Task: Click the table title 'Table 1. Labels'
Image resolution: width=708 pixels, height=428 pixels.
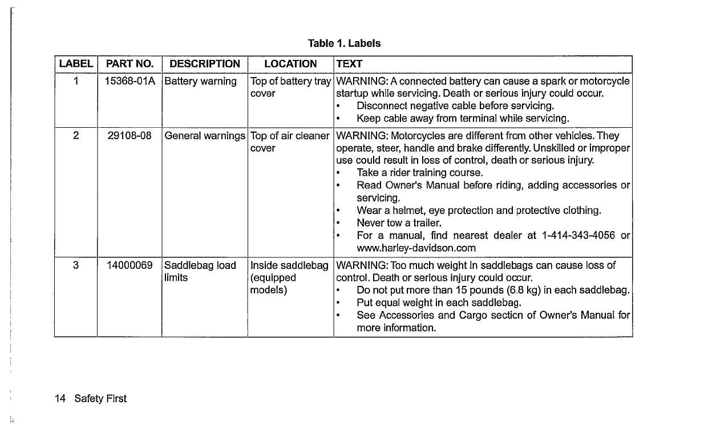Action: tap(344, 43)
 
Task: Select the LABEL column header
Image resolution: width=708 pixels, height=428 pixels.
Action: tap(76, 64)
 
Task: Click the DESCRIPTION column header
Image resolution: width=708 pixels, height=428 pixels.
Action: tap(205, 64)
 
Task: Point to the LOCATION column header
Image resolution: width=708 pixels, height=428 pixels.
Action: tap(290, 64)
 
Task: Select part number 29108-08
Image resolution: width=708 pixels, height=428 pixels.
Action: tap(129, 136)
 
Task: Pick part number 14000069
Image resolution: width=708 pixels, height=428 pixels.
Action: tap(129, 265)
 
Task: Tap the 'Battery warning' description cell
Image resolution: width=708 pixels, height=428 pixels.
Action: tap(200, 81)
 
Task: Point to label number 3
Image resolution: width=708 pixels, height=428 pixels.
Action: tap(75, 265)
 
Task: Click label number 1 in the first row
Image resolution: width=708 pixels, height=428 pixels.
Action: tap(75, 81)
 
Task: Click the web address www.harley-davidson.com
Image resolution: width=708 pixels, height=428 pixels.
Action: tap(416, 248)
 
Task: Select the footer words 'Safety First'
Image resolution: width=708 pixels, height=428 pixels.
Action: tap(100, 398)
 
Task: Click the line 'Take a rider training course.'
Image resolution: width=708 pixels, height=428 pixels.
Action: tap(420, 173)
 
